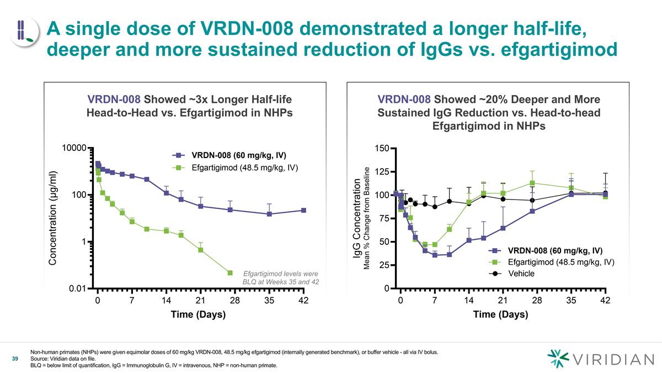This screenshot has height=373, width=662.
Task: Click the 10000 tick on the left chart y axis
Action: point(74,148)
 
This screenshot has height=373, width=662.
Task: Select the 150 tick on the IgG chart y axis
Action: point(381,148)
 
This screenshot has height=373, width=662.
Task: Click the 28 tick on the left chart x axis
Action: point(235,301)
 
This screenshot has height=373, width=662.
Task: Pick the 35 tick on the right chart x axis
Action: point(571,301)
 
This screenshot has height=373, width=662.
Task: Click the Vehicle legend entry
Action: point(521,274)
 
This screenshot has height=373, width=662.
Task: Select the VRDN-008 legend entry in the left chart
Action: point(238,155)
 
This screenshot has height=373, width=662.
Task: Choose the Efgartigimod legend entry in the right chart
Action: point(560,262)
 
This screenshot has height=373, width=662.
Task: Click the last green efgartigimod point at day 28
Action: point(230,273)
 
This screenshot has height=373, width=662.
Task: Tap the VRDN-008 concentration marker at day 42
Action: point(303,211)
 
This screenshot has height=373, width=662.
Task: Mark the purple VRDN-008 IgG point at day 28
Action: point(532,211)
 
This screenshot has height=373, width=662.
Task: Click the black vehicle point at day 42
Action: point(605,193)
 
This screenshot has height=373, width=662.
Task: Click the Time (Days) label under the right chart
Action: point(500,314)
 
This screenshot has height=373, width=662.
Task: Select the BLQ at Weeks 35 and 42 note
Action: point(281,282)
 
